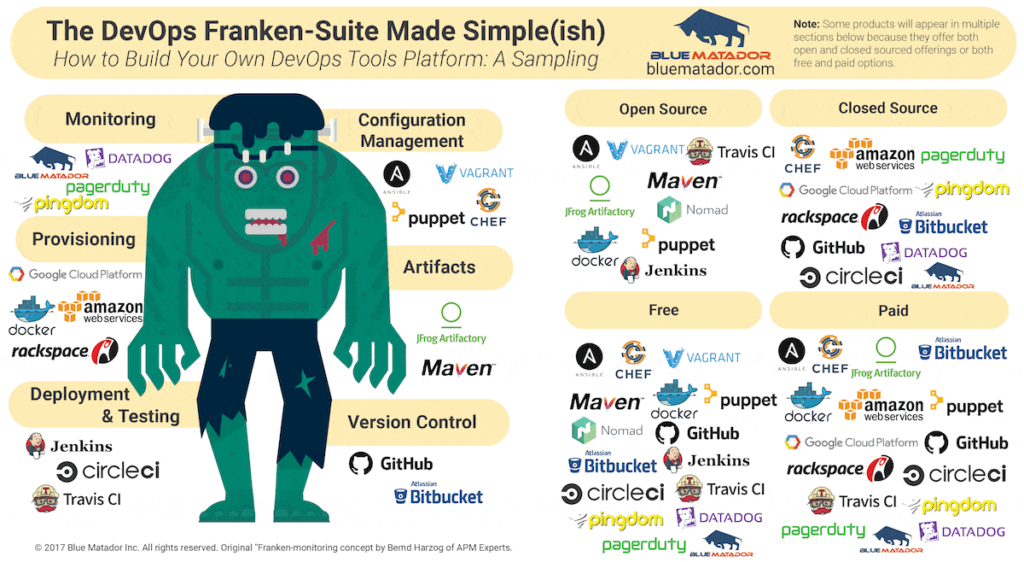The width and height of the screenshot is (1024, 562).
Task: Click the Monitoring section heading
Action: click(110, 120)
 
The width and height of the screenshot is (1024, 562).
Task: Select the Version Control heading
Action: click(411, 422)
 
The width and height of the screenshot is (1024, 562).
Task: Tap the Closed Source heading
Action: click(887, 108)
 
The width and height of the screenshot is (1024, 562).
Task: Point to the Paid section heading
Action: click(893, 311)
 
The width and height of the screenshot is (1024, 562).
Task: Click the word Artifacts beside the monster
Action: click(439, 267)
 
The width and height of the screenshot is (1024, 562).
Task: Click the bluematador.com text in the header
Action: click(710, 68)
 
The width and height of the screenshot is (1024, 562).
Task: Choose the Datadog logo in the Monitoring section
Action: click(128, 158)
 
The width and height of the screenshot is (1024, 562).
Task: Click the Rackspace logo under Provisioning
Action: click(64, 350)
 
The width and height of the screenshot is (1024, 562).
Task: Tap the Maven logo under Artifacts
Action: click(457, 369)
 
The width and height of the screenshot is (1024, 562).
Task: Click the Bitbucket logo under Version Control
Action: click(438, 495)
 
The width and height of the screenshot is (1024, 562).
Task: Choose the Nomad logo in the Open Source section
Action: click(692, 209)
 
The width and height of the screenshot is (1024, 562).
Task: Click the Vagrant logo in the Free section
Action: click(701, 358)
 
